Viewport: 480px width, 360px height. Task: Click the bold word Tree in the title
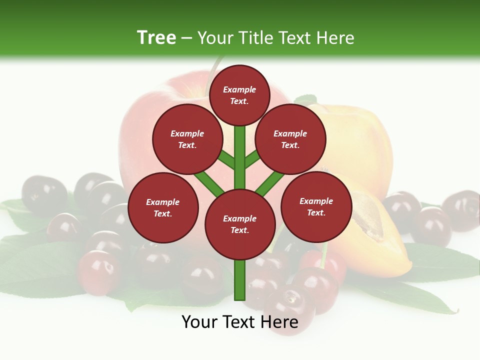point(156,37)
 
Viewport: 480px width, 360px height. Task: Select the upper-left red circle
point(187,139)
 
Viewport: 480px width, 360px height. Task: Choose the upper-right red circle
point(290,139)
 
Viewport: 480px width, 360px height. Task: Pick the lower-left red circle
point(163,207)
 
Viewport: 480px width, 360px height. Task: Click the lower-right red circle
point(316,206)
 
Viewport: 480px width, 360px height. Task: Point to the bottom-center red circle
point(240,224)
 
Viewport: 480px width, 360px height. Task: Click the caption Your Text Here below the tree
point(240,322)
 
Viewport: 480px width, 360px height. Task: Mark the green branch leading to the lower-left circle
point(209,183)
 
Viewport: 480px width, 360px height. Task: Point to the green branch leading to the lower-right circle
point(270,183)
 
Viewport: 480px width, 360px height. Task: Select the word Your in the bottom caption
point(200,322)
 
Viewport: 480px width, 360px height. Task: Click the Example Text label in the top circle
point(239,95)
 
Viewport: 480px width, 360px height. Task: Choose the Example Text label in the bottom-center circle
point(239,224)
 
